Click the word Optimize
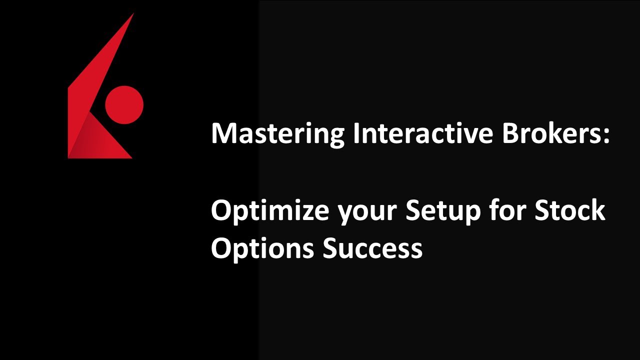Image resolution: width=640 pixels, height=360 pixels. point(269,210)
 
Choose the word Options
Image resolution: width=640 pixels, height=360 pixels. point(262,248)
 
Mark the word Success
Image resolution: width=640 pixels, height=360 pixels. point(372,248)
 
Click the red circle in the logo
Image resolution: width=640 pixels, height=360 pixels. point(124,105)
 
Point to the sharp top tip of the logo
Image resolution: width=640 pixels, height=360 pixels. point(133,14)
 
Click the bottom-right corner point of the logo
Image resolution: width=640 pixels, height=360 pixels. point(131,158)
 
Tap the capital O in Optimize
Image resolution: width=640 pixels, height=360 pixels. point(221,210)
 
